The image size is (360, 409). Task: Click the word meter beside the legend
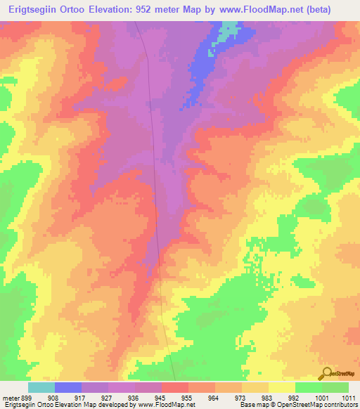10,397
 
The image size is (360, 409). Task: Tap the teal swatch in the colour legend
41,387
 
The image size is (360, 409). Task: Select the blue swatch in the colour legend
68,387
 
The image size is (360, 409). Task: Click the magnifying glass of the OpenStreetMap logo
326,372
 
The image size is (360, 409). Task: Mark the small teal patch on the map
229,30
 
